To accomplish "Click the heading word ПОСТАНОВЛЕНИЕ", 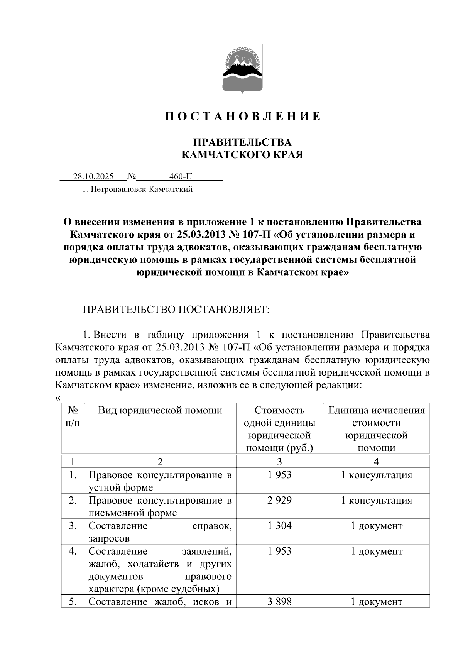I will click(243, 117).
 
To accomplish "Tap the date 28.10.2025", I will click(93, 177).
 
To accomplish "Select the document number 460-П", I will click(181, 177).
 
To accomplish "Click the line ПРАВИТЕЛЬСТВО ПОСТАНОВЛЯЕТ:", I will click(176, 310).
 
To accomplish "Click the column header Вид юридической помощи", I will click(160, 410).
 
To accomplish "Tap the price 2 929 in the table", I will click(279, 501).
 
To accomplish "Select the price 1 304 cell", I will click(279, 526).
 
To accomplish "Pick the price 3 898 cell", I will click(279, 601).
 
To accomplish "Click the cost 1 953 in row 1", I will click(279, 475).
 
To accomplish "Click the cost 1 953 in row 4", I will click(279, 551).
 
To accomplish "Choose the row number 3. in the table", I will click(73, 526).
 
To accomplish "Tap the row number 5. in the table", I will click(73, 601).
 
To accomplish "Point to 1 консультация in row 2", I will click(376, 501).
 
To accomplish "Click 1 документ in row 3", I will click(376, 526).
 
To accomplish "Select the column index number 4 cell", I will click(376, 462).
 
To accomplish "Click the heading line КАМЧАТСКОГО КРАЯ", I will click(243, 155).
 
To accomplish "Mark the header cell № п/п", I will click(73, 416).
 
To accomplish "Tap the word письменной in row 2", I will click(113, 513).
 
